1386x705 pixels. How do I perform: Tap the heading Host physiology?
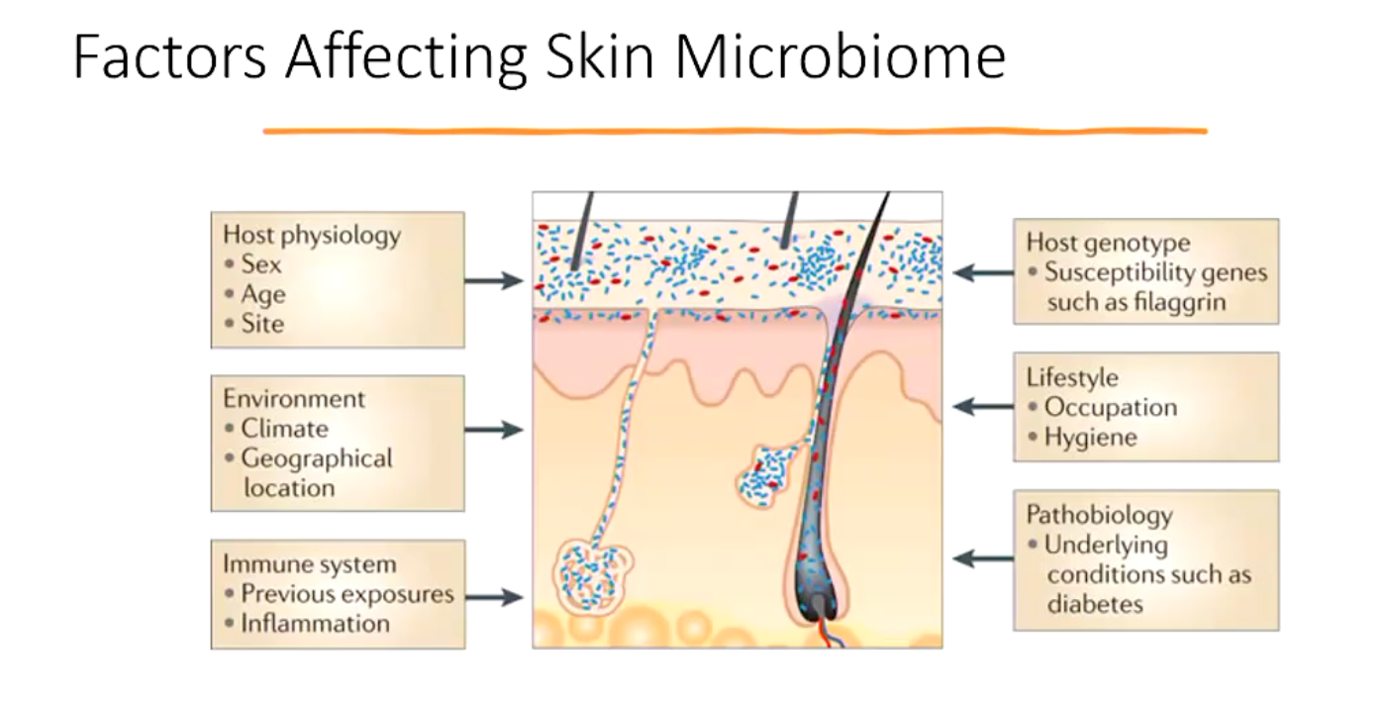pos(312,235)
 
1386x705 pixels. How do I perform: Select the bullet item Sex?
pos(261,264)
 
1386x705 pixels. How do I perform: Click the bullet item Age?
pos(263,294)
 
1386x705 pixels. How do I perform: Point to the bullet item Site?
pos(262,324)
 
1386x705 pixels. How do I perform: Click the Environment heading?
pos(294,399)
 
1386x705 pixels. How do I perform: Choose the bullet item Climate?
pos(284,429)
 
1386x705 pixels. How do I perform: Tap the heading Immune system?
pos(309,564)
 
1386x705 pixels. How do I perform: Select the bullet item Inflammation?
pos(315,624)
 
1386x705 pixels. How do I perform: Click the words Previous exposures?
pos(347,594)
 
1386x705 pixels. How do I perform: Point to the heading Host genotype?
pos(1108,243)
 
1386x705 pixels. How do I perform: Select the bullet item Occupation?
pos(1111,407)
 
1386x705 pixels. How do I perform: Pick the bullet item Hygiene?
pos(1091,437)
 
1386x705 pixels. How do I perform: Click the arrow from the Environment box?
pos(493,430)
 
